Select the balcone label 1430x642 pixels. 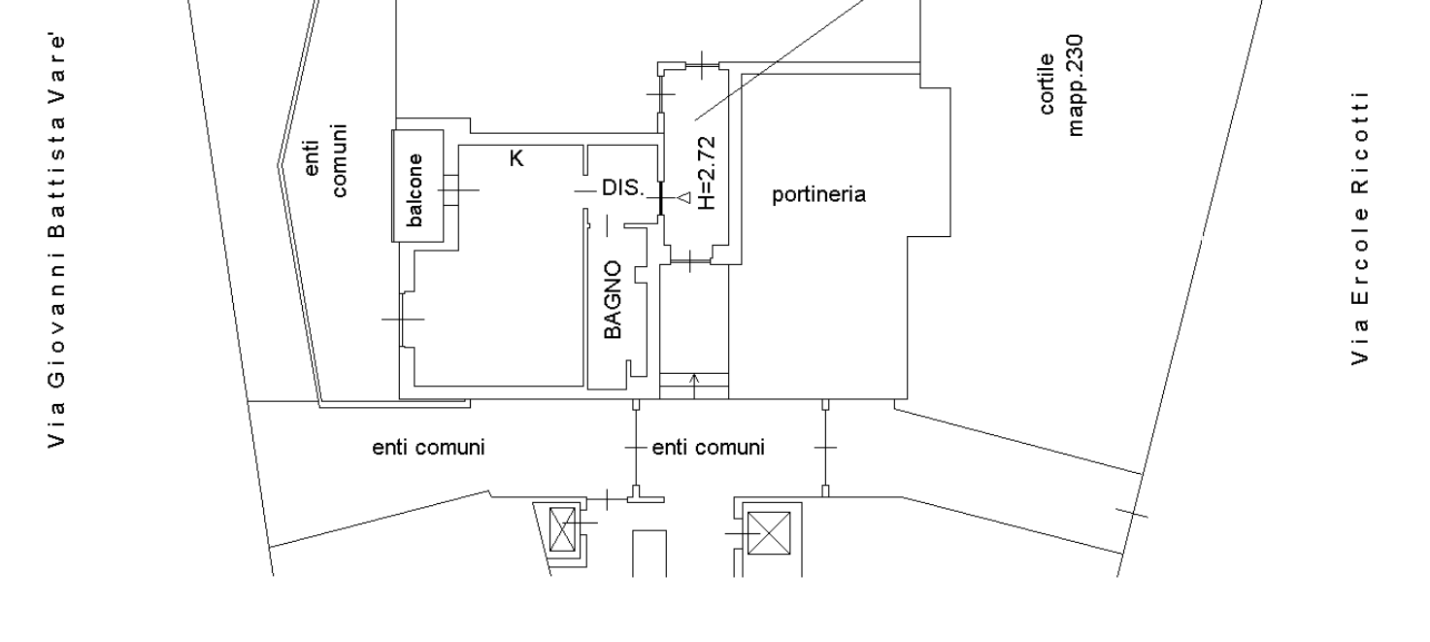click(x=416, y=189)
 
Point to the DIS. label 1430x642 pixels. click(x=622, y=188)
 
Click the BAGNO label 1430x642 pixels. click(x=612, y=299)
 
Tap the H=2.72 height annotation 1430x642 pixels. click(x=706, y=172)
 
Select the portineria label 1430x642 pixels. click(x=818, y=195)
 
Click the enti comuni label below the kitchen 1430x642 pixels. click(x=428, y=448)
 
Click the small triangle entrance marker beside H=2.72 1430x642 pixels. click(x=683, y=198)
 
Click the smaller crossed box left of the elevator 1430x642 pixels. click(x=562, y=529)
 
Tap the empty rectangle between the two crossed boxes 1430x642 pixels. click(x=650, y=553)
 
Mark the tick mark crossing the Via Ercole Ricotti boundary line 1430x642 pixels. click(x=1131, y=512)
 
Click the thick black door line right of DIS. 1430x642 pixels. click(x=660, y=197)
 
